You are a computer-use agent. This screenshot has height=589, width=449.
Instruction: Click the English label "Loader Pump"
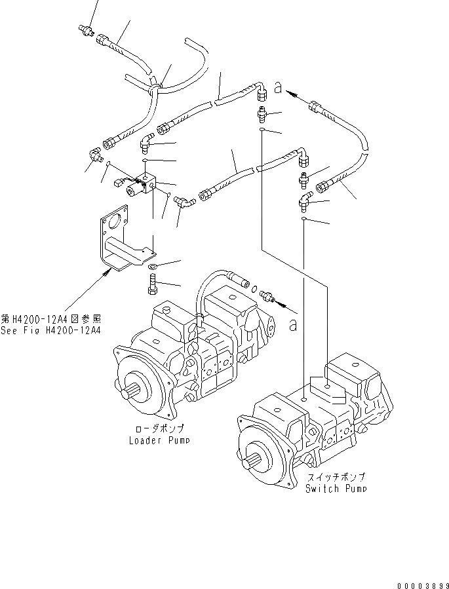click(x=159, y=440)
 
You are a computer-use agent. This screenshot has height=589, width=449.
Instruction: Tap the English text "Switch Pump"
click(x=335, y=488)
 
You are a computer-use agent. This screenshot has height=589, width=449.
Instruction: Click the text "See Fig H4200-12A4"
click(x=50, y=330)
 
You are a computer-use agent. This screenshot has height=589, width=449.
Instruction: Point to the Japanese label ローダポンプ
click(x=159, y=428)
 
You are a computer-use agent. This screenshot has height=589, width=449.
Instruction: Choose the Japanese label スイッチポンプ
click(x=335, y=477)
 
